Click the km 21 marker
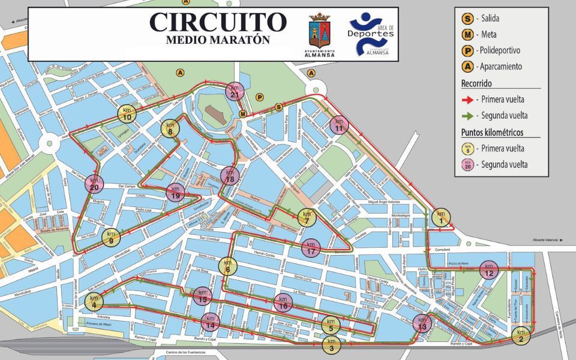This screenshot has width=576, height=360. point(235,92)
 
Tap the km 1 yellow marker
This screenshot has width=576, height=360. point(441,217)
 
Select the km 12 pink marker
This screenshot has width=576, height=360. point(489,271)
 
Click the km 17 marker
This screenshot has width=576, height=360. point(310,247)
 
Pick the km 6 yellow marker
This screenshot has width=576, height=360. point(228,265)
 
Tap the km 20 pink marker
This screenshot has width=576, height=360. point(94,184)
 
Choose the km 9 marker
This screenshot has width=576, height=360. point(110,237)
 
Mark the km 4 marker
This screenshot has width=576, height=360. point(94,301)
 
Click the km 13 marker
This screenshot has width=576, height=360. point(422,323)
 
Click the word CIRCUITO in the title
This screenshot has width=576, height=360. point(218,22)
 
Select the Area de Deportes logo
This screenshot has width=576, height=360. point(371,35)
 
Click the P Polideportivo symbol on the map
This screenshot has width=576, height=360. point(260,97)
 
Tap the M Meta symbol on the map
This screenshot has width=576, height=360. point(242,113)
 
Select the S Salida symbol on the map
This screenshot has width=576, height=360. point(278,107)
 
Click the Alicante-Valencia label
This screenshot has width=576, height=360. point(545,240)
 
